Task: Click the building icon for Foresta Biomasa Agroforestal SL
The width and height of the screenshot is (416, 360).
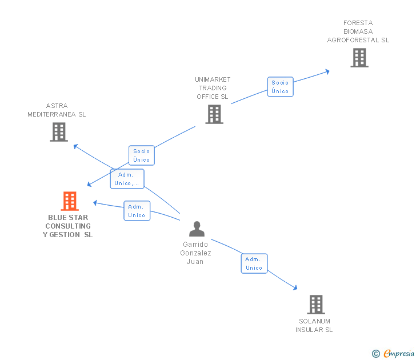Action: coord(359,58)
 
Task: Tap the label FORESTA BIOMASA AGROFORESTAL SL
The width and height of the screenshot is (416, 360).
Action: coord(358,31)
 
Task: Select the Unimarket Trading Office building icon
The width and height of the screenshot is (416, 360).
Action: coord(214,114)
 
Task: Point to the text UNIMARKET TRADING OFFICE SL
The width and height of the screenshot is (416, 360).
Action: coord(213,88)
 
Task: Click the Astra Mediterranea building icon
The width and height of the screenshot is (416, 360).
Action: coord(58,132)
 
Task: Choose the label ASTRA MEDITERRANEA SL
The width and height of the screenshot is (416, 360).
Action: coord(57,110)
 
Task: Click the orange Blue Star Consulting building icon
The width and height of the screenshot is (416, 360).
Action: coord(69,201)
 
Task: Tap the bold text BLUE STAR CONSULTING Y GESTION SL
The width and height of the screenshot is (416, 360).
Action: coord(68,226)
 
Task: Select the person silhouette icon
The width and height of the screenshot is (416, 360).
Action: coord(197,229)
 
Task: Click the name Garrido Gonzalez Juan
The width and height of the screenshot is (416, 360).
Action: coord(195,253)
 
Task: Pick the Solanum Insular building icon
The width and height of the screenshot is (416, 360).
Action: coord(315,305)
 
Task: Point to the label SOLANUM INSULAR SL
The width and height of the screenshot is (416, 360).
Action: coord(314,325)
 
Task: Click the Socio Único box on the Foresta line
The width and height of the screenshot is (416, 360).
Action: coord(280,87)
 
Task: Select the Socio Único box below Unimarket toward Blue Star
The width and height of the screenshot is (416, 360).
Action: coord(141,155)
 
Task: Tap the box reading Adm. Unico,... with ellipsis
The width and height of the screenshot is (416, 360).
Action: coord(127,179)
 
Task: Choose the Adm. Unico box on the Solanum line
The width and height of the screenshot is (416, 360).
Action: coord(254,263)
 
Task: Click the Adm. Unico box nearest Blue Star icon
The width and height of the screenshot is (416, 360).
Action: coord(137,211)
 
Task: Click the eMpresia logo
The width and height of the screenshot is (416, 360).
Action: coord(398,353)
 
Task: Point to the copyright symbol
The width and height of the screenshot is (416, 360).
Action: coord(375,354)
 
